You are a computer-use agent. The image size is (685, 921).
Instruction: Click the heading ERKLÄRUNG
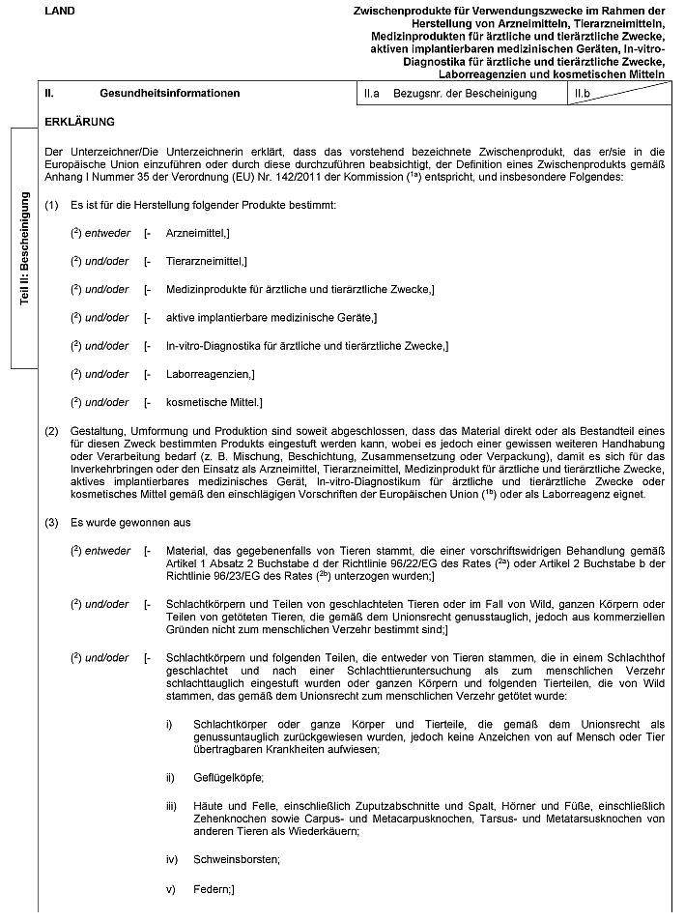pos(79,123)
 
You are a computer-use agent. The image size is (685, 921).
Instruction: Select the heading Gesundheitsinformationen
pos(169,94)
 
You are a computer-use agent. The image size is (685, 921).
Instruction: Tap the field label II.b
pos(582,94)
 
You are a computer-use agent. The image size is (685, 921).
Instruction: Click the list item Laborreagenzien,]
pos(210,373)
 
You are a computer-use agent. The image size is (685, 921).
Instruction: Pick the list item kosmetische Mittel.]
pos(214,401)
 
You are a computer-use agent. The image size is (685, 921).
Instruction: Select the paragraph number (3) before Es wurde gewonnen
pos(52,523)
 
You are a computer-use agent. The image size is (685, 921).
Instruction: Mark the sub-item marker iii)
pos(171,804)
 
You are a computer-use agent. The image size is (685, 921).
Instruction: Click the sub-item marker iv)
pos(171,859)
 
